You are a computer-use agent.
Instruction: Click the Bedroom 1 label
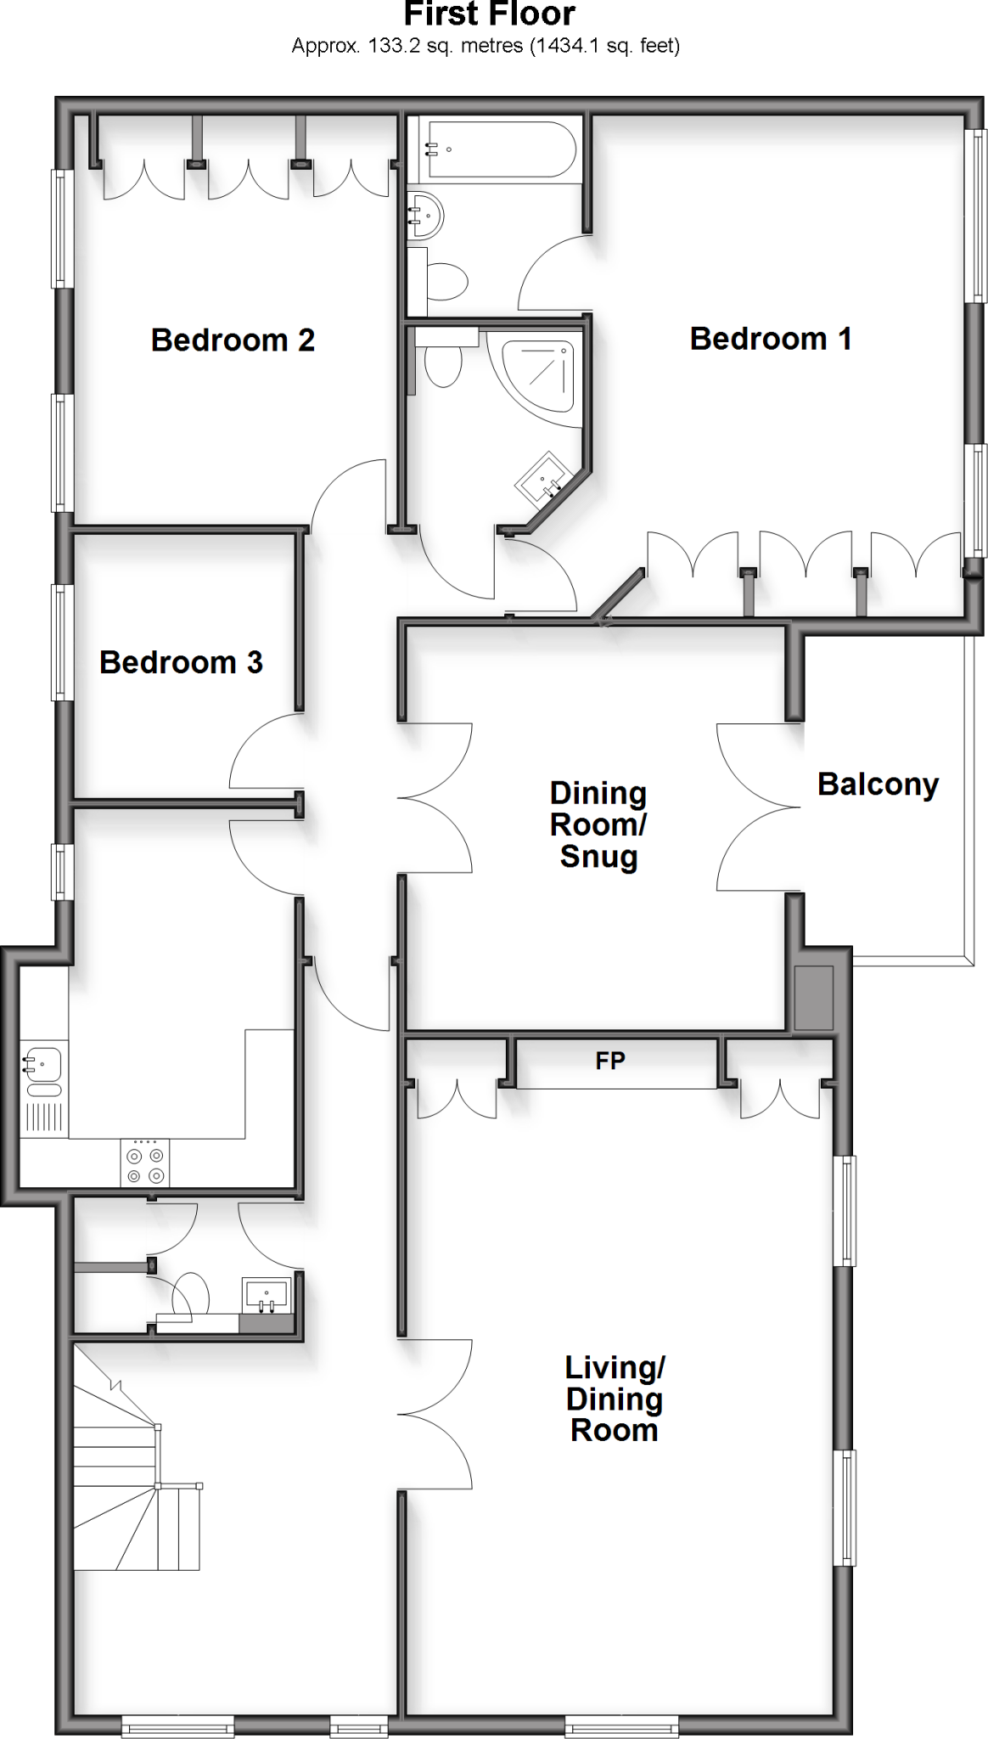tap(770, 339)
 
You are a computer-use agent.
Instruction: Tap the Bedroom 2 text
tap(233, 340)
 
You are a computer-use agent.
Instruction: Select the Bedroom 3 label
tap(181, 662)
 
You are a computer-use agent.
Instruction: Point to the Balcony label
tap(878, 785)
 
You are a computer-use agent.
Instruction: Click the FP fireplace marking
tap(610, 1061)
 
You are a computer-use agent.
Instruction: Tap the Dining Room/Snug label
tap(598, 824)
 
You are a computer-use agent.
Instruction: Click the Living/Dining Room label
tap(615, 1399)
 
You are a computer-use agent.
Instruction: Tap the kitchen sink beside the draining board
tap(42, 1065)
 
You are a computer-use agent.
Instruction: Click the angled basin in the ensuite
tap(543, 481)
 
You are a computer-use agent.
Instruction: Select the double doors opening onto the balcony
tap(760, 807)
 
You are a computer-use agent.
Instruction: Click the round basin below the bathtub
tap(426, 215)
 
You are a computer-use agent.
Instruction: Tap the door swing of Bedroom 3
tap(265, 751)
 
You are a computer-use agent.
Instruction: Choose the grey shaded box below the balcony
tap(813, 998)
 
